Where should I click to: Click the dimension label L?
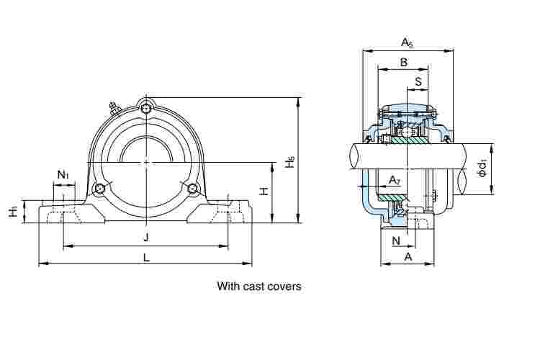point(146,257)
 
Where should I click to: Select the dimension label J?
point(145,238)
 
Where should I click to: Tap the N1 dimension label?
point(63,175)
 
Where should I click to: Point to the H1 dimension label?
point(14,212)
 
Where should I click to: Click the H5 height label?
point(290,163)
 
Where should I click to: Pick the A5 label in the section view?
point(407,43)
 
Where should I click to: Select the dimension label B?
point(403,63)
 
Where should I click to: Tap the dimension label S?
point(418,81)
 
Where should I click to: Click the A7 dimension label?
point(394,179)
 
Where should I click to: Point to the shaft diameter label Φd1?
point(483,169)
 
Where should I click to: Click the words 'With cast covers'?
point(259,287)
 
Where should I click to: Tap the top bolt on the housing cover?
point(147,108)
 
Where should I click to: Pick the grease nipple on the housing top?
point(113,108)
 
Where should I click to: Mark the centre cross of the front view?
point(147,163)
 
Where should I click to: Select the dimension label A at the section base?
point(408,256)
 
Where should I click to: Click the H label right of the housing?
point(264,192)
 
